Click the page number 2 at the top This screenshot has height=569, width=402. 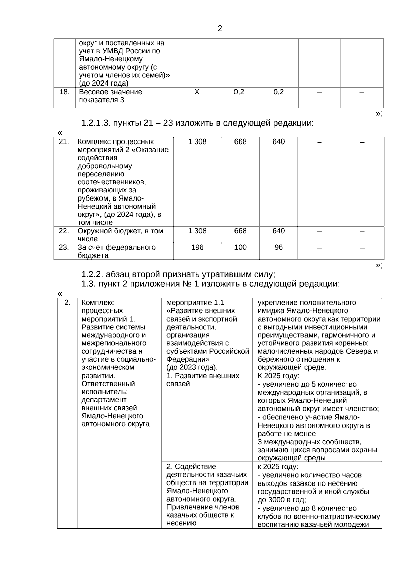(220, 29)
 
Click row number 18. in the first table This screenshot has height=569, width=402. (64, 92)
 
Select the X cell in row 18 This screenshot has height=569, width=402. (197, 92)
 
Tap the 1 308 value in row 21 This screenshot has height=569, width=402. (197, 142)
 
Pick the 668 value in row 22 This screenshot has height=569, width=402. (240, 231)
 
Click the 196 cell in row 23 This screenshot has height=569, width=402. (197, 247)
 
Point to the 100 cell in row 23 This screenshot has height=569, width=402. (240, 247)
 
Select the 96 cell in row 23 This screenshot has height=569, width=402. (278, 247)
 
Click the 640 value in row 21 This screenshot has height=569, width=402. (278, 142)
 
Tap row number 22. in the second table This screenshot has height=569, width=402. (64, 231)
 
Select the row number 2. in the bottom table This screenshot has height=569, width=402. (67, 303)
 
